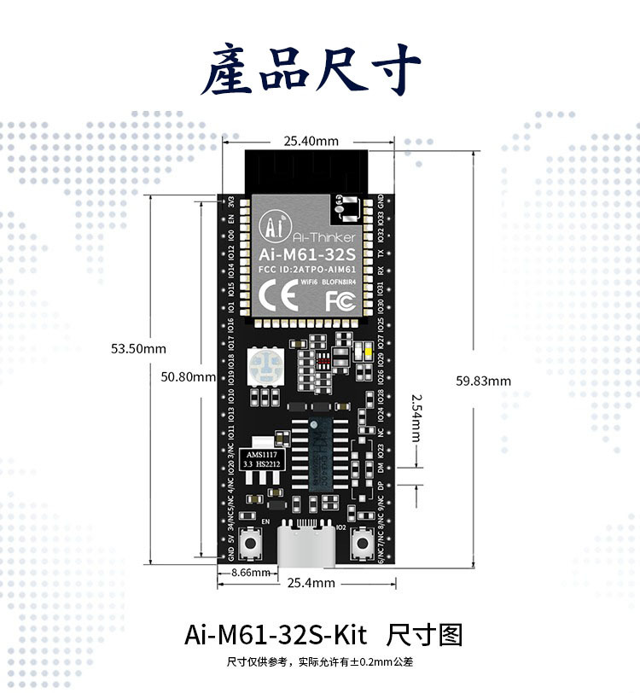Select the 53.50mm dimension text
coord(138,348)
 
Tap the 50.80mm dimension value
coord(189,376)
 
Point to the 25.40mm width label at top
coord(311,141)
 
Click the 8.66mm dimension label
coord(251,573)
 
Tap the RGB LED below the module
coord(265,367)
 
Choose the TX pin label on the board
coord(380,254)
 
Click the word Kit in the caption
coord(348,636)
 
